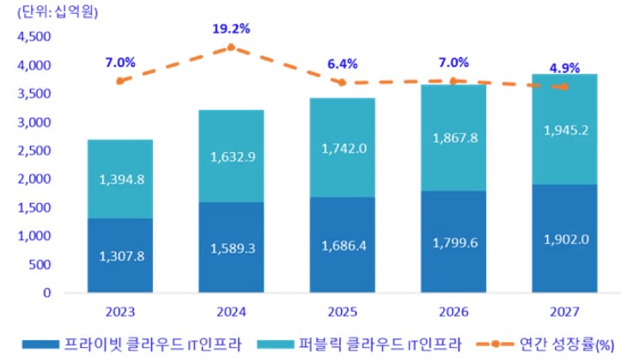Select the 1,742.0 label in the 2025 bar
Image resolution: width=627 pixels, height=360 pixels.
(341, 149)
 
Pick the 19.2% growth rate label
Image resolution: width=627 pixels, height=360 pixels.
(231, 28)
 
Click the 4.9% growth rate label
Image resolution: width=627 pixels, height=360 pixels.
(563, 68)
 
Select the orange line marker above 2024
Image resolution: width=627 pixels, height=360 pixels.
(231, 47)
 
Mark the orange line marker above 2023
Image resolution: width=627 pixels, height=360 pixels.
(120, 81)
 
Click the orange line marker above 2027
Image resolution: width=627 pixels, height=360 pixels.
(563, 87)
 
